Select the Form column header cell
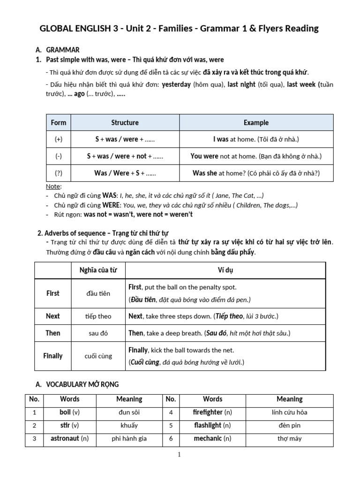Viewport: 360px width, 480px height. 59,123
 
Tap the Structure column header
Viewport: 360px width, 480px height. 125,123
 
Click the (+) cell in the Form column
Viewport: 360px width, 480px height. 59,139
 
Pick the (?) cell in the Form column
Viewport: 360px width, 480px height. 59,173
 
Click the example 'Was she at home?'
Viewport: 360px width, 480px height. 256,173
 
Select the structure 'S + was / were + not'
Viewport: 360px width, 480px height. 125,156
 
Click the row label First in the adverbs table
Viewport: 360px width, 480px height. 53,293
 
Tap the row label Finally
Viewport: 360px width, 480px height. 53,356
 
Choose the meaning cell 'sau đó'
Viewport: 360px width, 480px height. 98,333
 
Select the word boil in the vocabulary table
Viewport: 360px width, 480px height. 65,412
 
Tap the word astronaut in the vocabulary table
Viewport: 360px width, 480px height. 65,439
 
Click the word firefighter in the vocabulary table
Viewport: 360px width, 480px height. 208,412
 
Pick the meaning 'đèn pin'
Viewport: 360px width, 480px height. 289,426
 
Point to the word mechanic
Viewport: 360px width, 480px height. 208,439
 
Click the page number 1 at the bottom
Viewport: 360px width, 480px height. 180,454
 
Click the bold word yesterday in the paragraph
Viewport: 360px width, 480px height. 176,85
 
